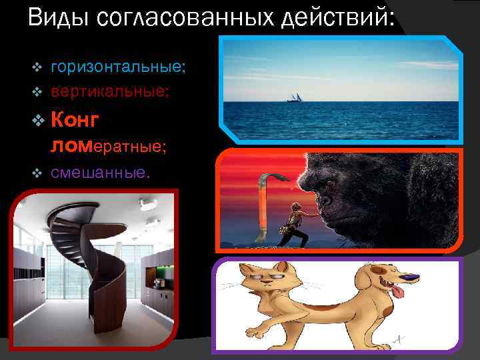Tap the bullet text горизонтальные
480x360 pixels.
coord(118,67)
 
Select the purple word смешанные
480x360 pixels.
coord(100,172)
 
